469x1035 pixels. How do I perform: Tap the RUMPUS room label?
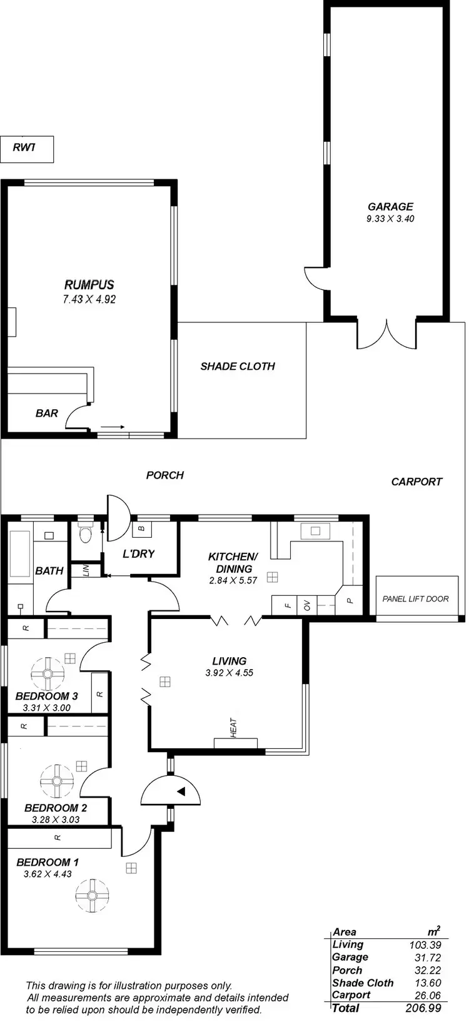[89, 285]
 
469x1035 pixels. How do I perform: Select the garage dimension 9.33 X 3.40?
[390, 219]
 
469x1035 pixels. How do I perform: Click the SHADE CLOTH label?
[238, 366]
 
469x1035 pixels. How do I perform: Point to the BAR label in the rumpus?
[46, 413]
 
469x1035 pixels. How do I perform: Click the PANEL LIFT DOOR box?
[415, 598]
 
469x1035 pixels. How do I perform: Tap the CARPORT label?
[416, 482]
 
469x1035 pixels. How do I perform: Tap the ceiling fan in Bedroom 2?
[56, 781]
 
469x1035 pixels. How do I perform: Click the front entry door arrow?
[181, 792]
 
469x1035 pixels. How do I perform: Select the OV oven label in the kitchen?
[307, 605]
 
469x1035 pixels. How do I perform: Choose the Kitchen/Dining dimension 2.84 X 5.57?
[233, 580]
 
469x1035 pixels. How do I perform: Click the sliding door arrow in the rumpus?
[113, 427]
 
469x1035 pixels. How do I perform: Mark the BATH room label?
[49, 570]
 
